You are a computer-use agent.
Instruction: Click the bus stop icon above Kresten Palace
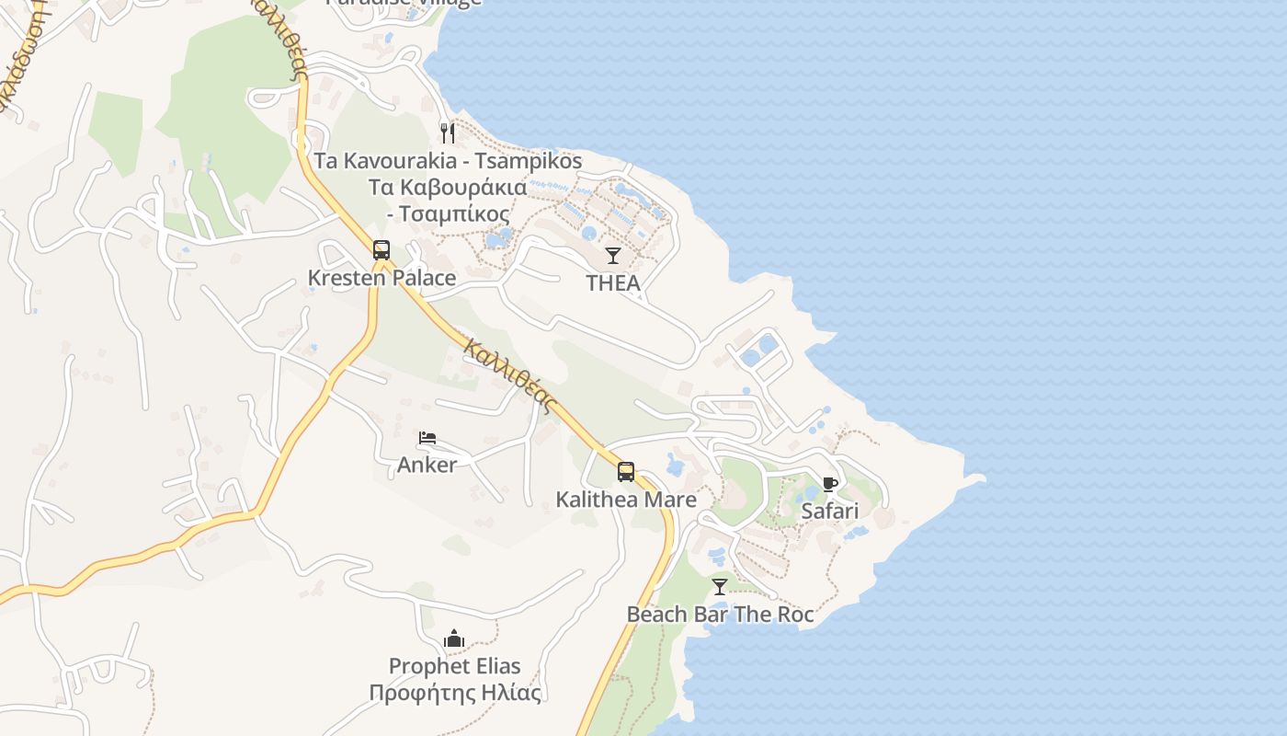pyautogui.click(x=382, y=249)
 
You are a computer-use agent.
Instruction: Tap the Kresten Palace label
pyautogui.click(x=382, y=278)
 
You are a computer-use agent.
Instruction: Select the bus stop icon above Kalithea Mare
pyautogui.click(x=626, y=472)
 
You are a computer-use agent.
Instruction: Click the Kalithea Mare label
pyautogui.click(x=626, y=500)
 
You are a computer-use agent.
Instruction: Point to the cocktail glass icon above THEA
pyautogui.click(x=613, y=255)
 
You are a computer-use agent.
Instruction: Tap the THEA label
pyautogui.click(x=613, y=283)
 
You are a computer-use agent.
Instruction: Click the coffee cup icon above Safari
pyautogui.click(x=830, y=484)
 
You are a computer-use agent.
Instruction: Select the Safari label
pyautogui.click(x=830, y=511)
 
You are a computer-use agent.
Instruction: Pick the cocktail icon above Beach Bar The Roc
pyautogui.click(x=720, y=586)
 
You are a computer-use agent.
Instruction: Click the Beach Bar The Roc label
pyautogui.click(x=720, y=614)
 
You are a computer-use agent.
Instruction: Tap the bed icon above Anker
pyautogui.click(x=427, y=438)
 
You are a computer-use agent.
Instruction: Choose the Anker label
pyautogui.click(x=427, y=466)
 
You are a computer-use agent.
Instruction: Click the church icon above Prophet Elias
pyautogui.click(x=454, y=638)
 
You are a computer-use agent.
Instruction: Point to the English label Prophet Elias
pyautogui.click(x=454, y=666)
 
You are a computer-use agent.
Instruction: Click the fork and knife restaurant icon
pyautogui.click(x=448, y=132)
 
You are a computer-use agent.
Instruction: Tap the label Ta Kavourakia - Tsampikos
pyautogui.click(x=448, y=161)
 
